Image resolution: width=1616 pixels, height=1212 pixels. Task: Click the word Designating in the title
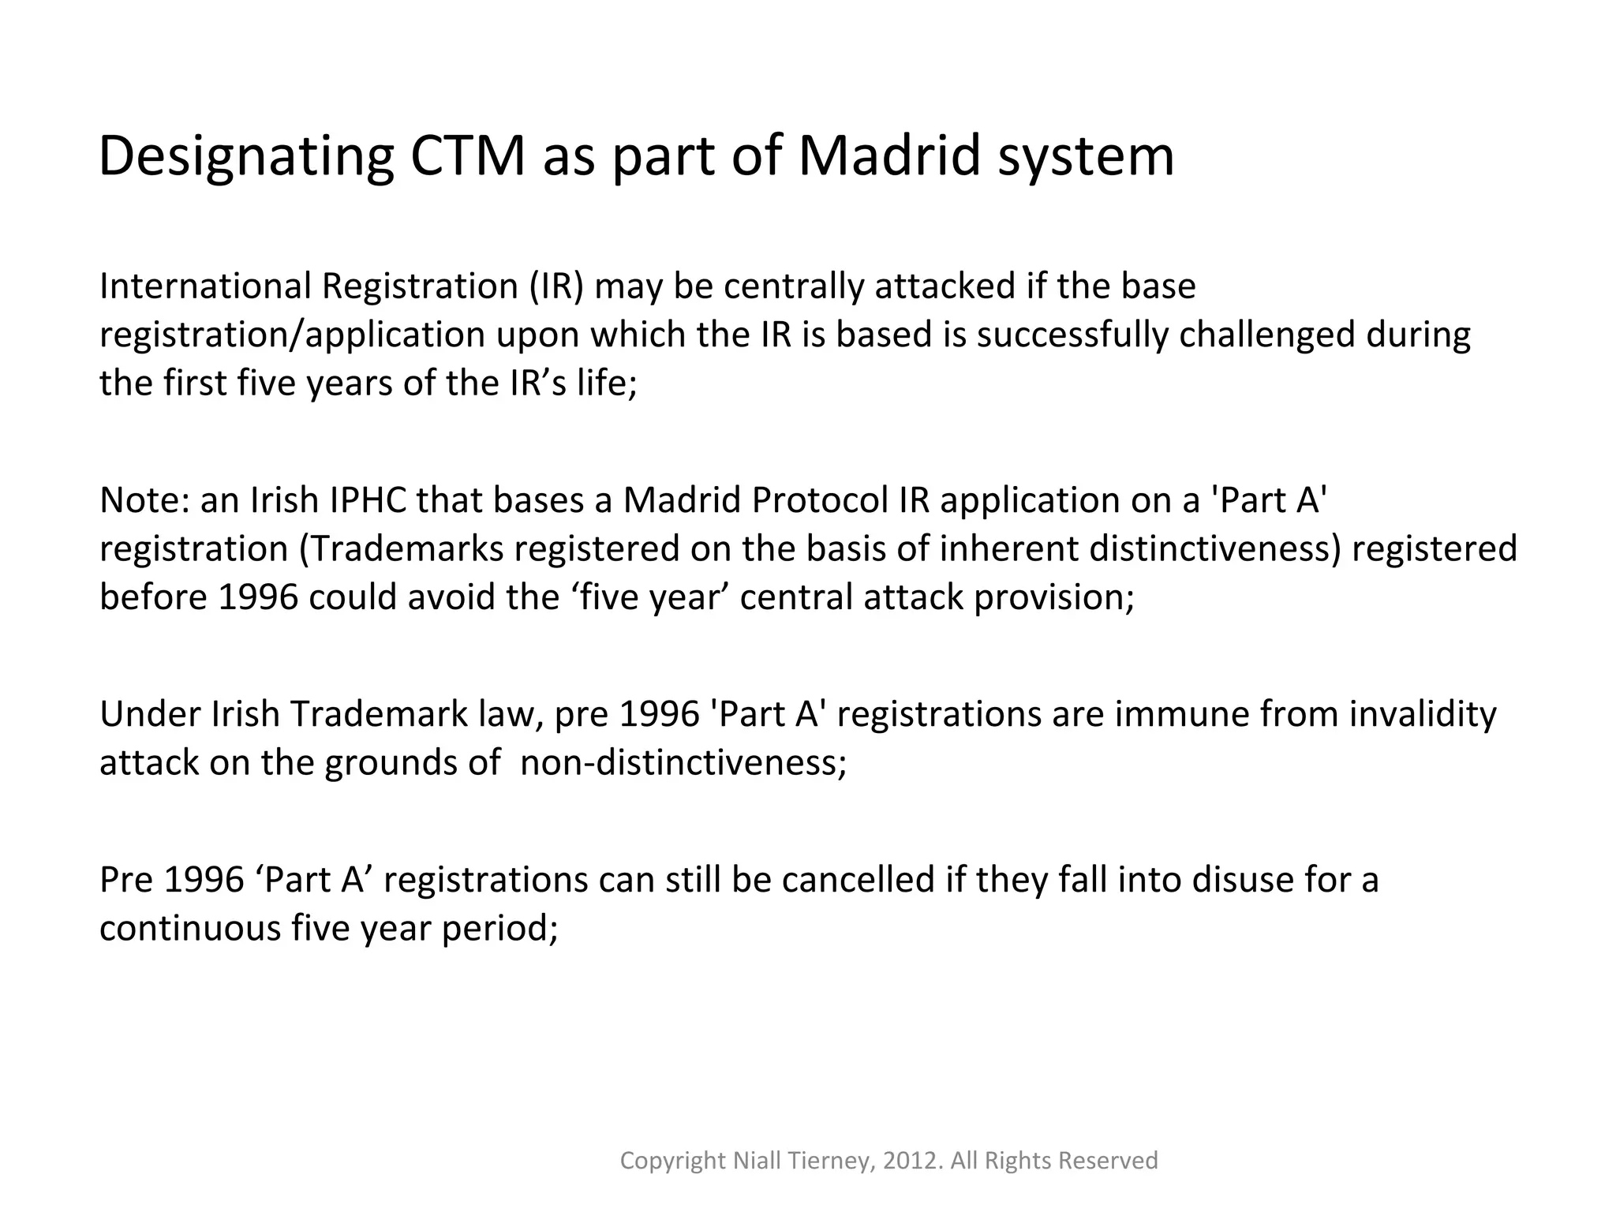pos(245,157)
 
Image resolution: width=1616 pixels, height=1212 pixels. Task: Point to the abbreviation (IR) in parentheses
pos(556,286)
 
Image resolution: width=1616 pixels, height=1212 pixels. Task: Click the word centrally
pos(794,286)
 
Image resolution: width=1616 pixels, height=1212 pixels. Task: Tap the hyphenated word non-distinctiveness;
pos(683,763)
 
